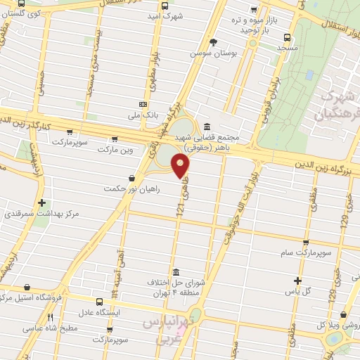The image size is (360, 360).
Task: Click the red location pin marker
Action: [x=181, y=166]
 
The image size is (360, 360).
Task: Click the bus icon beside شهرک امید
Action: [x=165, y=6]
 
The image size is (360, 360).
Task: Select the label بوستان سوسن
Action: [x=215, y=53]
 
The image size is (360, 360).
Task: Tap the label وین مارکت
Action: [x=115, y=150]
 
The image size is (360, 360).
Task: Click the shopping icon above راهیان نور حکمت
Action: [x=132, y=178]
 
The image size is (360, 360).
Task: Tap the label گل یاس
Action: [x=311, y=290]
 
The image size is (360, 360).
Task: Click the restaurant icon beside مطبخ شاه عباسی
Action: [x=50, y=318]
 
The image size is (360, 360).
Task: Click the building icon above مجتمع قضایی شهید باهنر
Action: [x=205, y=127]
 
